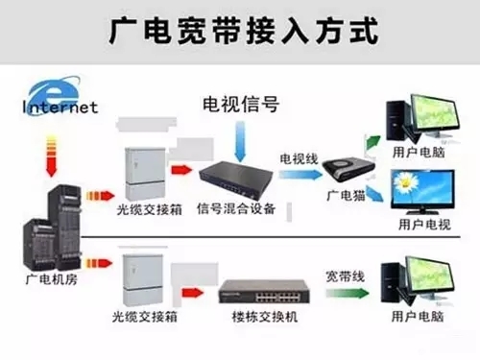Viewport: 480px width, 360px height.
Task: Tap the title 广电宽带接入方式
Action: (244, 31)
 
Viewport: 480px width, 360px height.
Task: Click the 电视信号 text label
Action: (241, 104)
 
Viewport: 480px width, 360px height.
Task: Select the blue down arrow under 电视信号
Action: (240, 141)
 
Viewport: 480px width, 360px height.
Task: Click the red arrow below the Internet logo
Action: (51, 156)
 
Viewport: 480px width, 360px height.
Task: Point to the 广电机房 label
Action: (52, 279)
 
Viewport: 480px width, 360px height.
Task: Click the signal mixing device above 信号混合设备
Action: (236, 180)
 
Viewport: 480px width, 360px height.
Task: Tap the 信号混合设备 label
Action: (236, 208)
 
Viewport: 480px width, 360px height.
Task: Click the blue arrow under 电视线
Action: (300, 175)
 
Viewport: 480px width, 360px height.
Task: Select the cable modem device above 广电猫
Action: (348, 169)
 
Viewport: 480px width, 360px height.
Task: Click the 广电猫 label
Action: (346, 196)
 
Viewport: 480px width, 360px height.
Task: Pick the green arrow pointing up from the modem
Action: (372, 142)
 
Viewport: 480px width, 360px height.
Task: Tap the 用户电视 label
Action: (424, 225)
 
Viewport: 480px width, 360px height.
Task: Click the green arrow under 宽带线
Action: (348, 293)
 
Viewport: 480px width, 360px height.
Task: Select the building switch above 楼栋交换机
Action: (264, 292)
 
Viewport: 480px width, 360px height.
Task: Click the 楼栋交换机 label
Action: (265, 317)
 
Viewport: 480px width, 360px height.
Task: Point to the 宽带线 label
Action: (346, 276)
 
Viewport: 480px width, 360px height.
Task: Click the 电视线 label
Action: (299, 159)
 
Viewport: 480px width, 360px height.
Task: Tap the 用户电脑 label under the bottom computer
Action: (418, 316)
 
